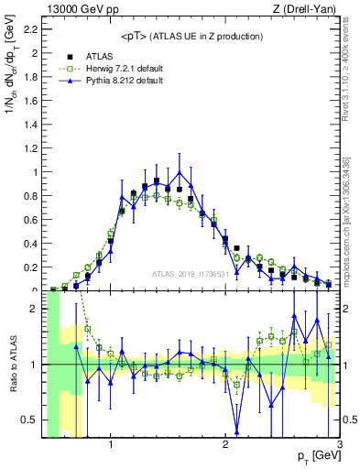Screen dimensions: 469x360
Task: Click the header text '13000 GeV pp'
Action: (x=75, y=8)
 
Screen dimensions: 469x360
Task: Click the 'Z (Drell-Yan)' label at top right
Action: (x=307, y=8)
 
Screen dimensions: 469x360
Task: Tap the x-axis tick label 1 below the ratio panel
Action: (x=111, y=444)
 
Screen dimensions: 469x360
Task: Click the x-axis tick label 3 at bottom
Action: (x=339, y=444)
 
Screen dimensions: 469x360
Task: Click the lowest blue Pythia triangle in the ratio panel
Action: (x=237, y=431)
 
